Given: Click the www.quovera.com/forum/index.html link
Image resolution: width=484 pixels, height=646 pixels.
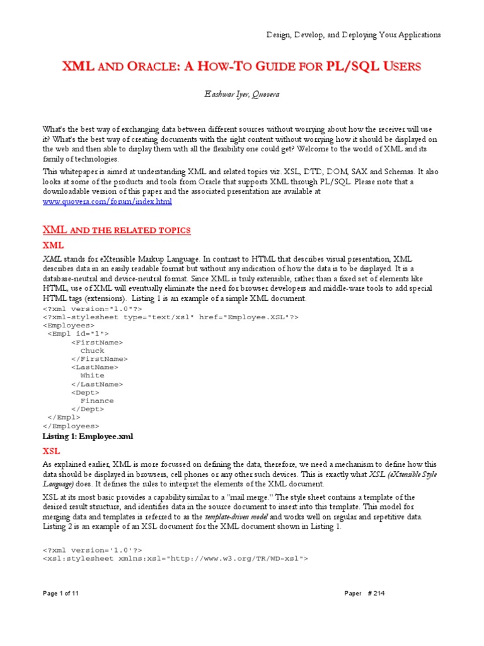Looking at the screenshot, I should tap(107, 201).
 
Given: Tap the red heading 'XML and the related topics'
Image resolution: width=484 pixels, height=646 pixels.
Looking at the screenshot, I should tap(116, 230).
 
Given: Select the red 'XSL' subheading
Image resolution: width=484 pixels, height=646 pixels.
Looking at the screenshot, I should tap(51, 451).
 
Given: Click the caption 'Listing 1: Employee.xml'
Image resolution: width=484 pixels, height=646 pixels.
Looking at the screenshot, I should tap(88, 436).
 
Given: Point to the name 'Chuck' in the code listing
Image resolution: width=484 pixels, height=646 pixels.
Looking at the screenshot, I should tap(93, 351).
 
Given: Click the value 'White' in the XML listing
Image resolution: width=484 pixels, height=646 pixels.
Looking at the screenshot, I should tap(93, 375).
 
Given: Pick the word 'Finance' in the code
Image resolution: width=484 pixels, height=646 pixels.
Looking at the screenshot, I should tap(97, 401).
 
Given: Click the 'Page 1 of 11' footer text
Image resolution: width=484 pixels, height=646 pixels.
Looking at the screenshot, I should tap(61, 611).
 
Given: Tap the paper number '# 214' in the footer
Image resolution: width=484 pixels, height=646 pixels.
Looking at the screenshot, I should tap(389, 611).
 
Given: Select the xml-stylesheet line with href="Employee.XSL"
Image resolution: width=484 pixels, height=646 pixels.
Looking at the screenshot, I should tap(171, 317).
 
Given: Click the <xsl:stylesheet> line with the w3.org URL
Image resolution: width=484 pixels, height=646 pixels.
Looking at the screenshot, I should tap(175, 558).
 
